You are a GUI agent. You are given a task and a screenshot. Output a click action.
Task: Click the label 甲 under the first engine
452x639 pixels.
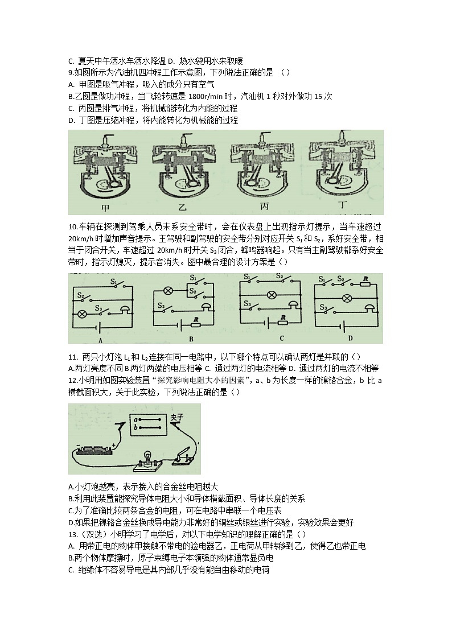click(105, 207)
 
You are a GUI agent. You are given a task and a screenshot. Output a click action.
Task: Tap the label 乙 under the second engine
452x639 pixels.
click(182, 208)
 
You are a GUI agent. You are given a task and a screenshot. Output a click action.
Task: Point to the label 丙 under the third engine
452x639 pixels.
click(262, 207)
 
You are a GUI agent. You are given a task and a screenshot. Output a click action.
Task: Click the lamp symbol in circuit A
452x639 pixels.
click(81, 314)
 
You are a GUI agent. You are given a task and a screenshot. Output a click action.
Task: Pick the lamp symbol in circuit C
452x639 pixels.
click(272, 294)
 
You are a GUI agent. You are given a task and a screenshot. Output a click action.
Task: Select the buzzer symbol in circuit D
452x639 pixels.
click(369, 308)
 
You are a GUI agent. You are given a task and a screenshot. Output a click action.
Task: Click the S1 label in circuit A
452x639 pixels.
click(113, 281)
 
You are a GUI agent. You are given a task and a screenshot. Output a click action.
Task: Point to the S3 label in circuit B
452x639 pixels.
click(162, 306)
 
